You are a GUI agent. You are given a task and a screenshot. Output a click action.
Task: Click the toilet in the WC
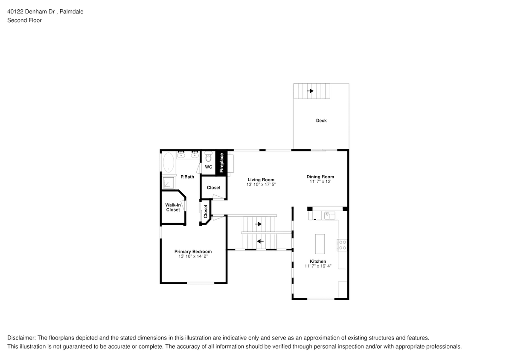pyautogui.click(x=208, y=156)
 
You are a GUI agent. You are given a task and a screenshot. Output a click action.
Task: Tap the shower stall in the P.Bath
pyautogui.click(x=168, y=183)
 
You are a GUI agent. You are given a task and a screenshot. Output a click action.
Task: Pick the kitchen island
pyautogui.click(x=320, y=244)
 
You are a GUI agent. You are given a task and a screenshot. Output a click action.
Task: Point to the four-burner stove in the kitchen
pyautogui.click(x=342, y=245)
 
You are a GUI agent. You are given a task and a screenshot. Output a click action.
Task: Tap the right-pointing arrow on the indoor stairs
pyautogui.click(x=258, y=224)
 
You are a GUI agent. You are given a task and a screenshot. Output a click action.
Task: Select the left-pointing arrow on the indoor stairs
pyautogui.click(x=260, y=241)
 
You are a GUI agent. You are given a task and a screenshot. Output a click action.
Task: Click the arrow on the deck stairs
pyautogui.click(x=310, y=91)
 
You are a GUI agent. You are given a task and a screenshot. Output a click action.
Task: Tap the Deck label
pyautogui.click(x=321, y=121)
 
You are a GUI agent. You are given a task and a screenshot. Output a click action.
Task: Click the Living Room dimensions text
pyautogui.click(x=261, y=185)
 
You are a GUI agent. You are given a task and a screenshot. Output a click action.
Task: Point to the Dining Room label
pyautogui.click(x=320, y=177)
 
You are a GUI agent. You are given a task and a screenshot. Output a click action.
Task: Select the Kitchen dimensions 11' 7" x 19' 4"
pyautogui.click(x=318, y=266)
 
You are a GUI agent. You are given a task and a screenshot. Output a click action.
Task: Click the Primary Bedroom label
pyautogui.click(x=193, y=252)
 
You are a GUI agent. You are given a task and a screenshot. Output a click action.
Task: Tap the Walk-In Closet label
pyautogui.click(x=173, y=207)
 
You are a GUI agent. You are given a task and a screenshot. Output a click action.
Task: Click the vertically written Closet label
pyautogui.click(x=206, y=212)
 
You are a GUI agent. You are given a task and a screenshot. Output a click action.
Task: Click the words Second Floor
pyautogui.click(x=24, y=20)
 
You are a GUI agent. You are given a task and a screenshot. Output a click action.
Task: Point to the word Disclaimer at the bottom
pyautogui.click(x=22, y=337)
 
